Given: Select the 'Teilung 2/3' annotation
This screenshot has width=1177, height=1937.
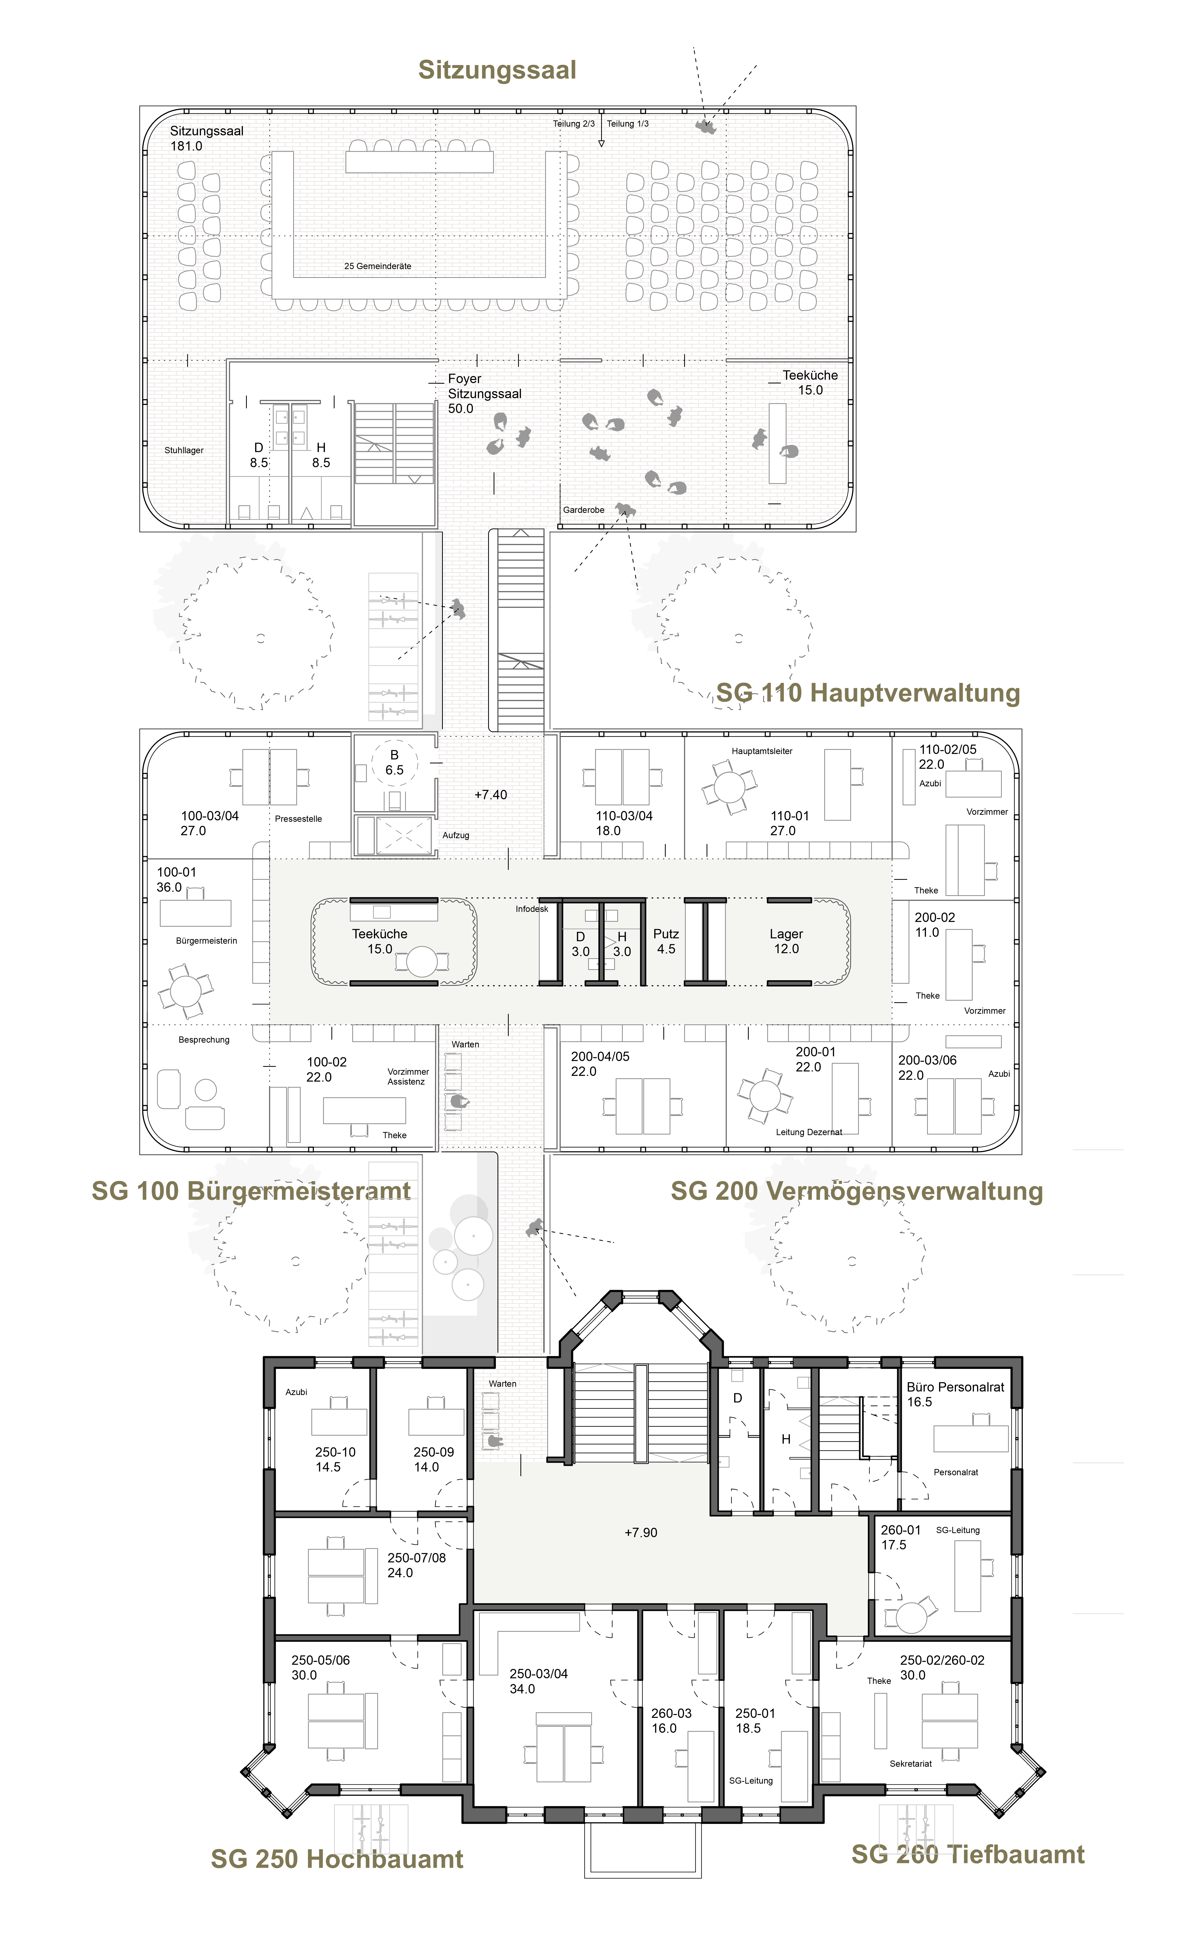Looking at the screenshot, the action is click(574, 123).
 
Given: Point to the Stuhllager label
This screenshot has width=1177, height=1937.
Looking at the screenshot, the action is click(184, 450).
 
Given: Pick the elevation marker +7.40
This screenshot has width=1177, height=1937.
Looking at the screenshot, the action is click(490, 795).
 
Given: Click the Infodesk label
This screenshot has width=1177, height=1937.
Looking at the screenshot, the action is click(532, 909).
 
